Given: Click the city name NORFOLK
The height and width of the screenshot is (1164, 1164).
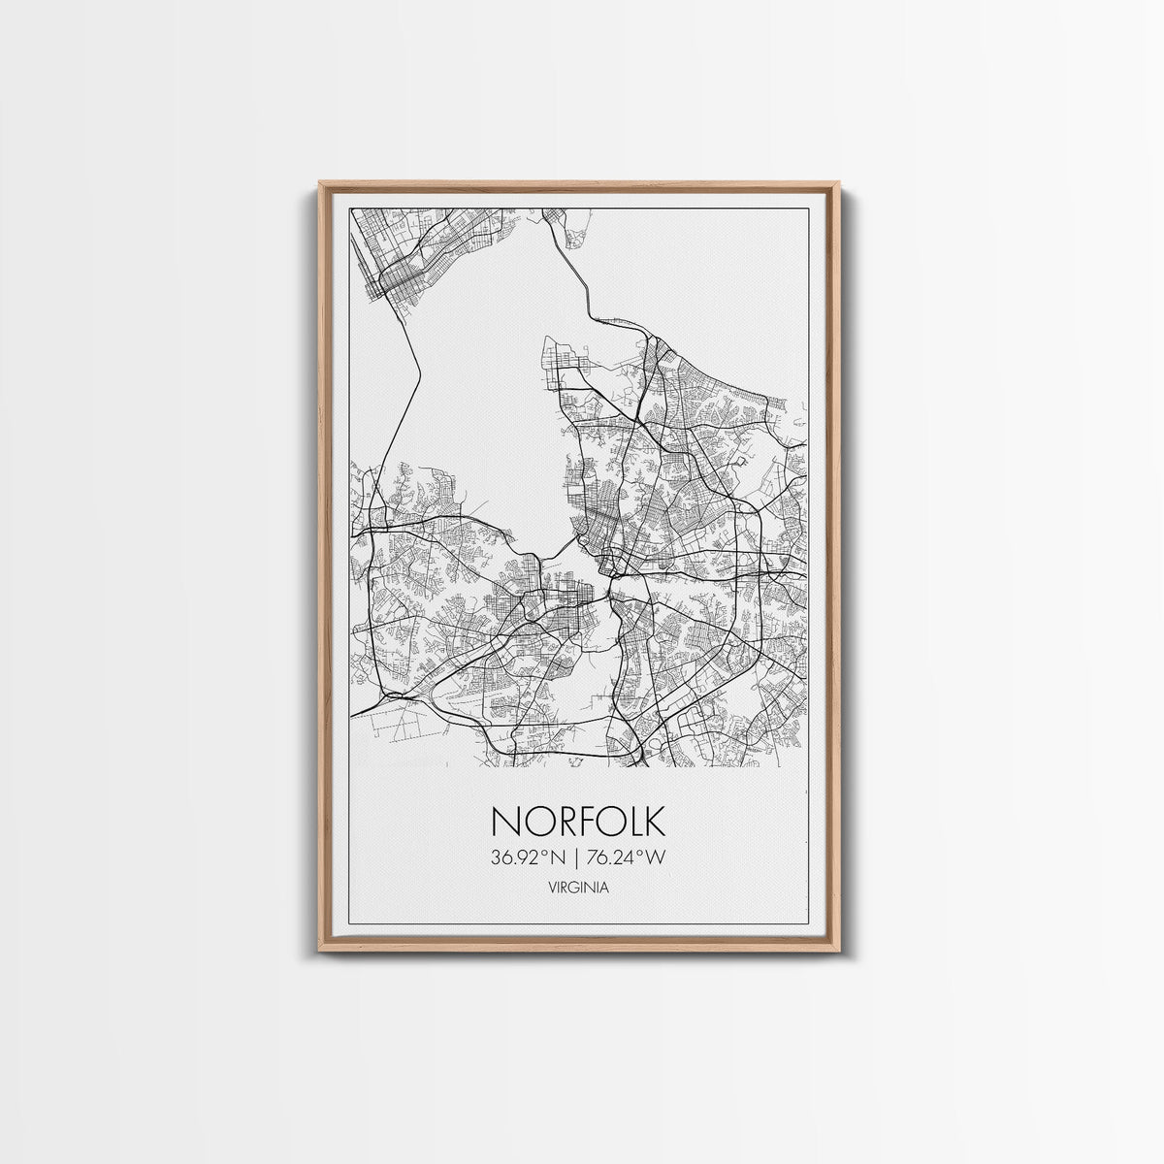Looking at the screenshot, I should coord(578,821).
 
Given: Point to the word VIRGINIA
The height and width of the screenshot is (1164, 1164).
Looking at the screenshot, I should coord(578,888).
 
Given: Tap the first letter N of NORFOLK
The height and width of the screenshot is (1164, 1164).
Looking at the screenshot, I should coord(505,821).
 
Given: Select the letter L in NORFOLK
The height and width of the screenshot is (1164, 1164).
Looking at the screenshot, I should coord(631,821).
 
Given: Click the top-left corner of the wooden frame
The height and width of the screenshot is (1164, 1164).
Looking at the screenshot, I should coord(321,183).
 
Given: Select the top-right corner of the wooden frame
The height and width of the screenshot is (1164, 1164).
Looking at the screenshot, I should coord(838,183).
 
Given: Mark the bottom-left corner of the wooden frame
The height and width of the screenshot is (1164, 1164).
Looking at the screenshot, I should coord(321,948).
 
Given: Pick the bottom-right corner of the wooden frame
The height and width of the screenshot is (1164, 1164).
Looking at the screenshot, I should coord(838,948).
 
